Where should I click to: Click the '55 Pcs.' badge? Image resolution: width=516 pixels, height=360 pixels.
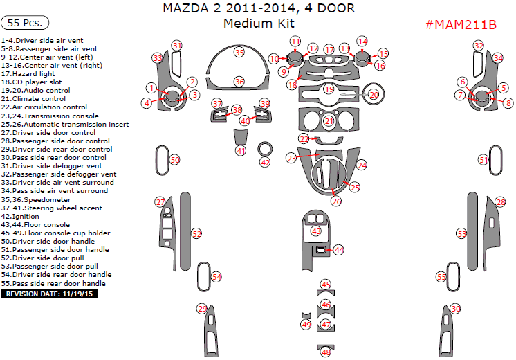[25, 23]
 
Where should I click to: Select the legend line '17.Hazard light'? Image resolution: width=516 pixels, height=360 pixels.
[29, 73]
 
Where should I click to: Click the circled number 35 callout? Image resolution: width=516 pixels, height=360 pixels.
[239, 53]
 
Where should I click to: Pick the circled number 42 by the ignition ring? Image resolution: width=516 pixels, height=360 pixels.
[266, 162]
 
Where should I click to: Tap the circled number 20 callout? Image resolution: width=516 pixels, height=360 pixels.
[374, 95]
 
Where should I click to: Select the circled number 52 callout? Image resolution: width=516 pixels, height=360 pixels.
[197, 234]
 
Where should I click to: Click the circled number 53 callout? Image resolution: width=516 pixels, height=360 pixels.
[461, 234]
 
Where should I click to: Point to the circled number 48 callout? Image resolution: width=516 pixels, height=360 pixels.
[326, 352]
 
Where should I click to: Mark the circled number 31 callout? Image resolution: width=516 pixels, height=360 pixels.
[177, 46]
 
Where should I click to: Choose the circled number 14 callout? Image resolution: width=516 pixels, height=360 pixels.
[362, 42]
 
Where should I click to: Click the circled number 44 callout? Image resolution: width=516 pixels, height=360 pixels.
[339, 249]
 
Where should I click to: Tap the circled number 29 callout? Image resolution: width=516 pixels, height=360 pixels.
[202, 309]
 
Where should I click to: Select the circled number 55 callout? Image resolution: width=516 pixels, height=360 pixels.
[441, 276]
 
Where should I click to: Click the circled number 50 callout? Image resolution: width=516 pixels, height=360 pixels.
[175, 160]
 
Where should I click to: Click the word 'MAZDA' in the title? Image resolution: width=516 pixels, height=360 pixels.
[185, 8]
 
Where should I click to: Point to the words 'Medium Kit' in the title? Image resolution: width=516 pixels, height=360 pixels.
[258, 23]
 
